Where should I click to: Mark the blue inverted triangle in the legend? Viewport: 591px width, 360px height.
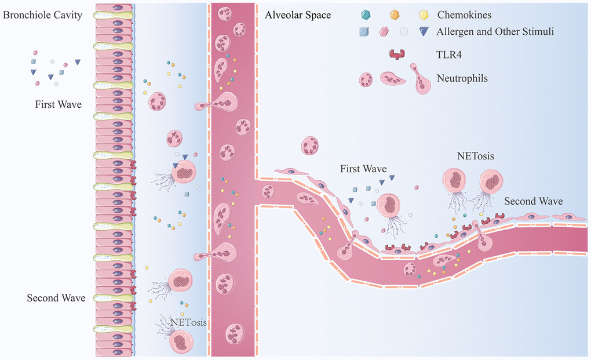point(426,32)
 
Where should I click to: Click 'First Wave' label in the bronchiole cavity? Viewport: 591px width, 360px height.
point(59,105)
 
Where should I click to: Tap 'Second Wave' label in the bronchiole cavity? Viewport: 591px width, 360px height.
point(56,298)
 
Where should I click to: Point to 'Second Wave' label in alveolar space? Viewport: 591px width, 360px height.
point(533,201)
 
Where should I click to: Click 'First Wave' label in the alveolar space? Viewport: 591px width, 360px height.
point(363,169)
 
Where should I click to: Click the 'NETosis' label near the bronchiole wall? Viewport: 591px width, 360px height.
point(189,322)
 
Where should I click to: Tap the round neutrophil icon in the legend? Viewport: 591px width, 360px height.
point(366,79)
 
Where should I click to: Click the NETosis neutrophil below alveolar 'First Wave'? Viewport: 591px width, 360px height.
point(389,206)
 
